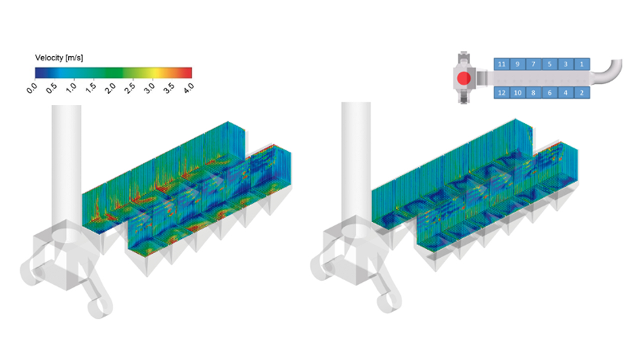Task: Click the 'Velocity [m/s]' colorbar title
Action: click(59, 58)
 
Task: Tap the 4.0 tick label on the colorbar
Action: click(188, 88)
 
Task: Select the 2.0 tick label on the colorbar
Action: click(110, 88)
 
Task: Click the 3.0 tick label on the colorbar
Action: click(149, 88)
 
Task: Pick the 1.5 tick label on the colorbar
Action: click(90, 88)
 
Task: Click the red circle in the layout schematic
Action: click(463, 78)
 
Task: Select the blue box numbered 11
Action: click(501, 64)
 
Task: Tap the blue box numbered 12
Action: click(501, 92)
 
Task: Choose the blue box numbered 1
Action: click(582, 64)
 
